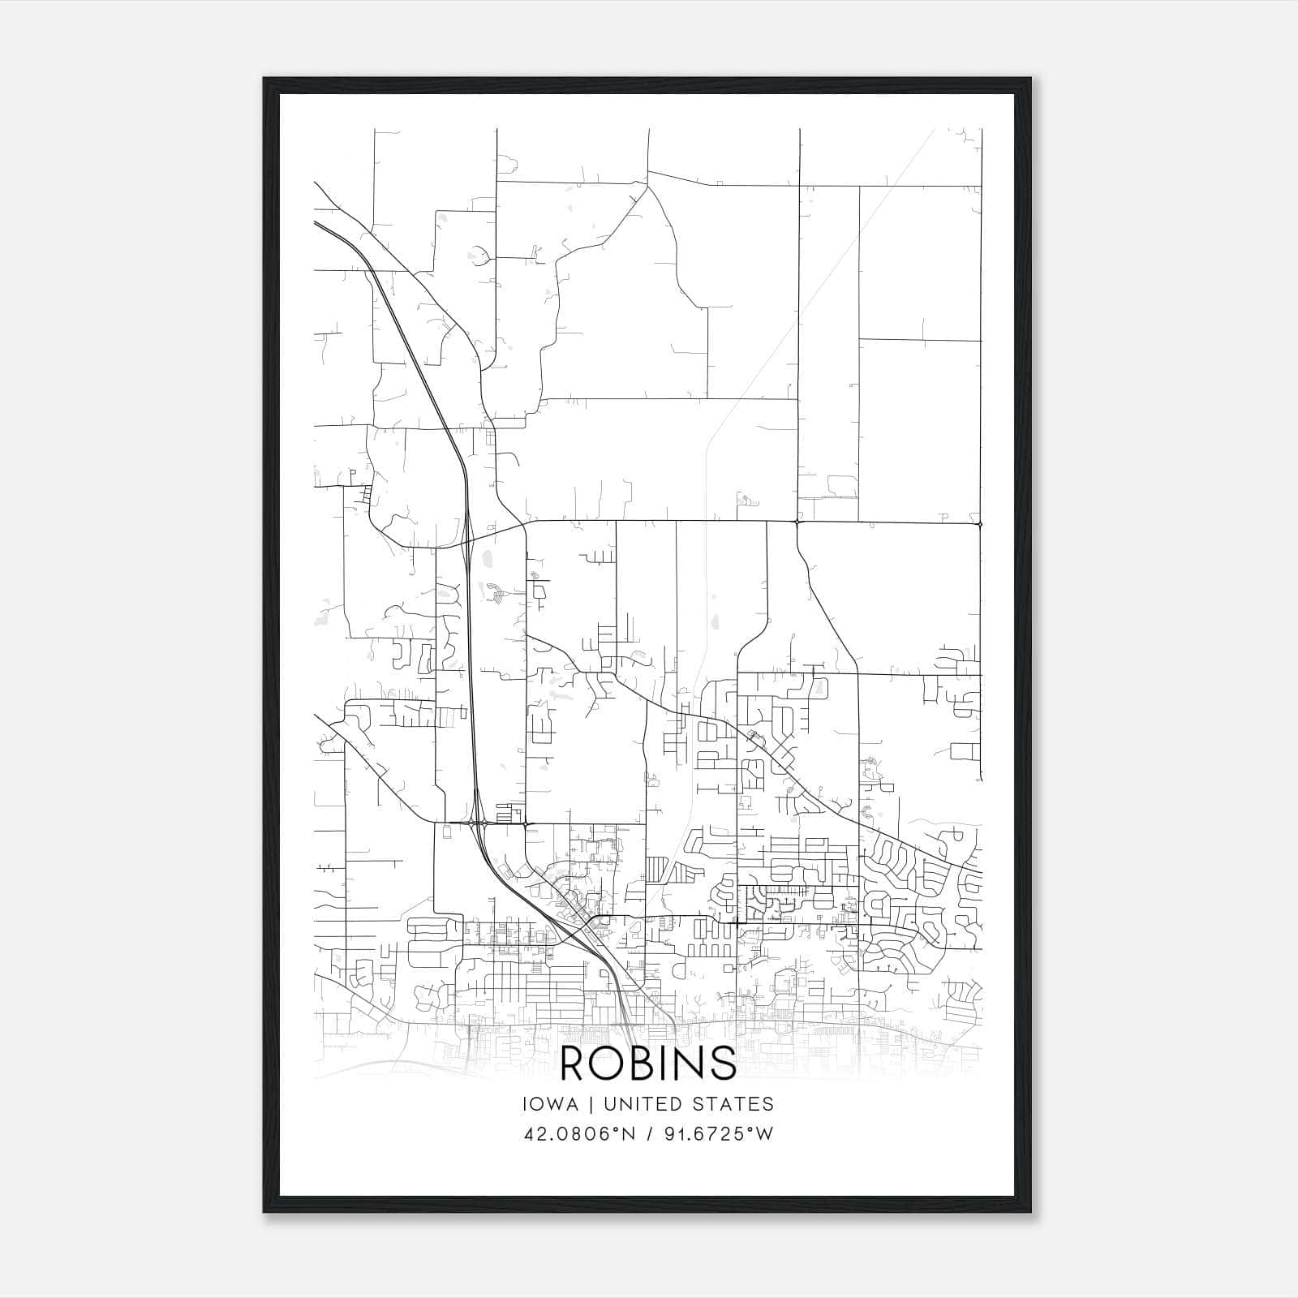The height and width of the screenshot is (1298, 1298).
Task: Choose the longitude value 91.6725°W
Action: coord(713,1134)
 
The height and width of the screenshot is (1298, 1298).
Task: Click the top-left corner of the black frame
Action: coord(264,79)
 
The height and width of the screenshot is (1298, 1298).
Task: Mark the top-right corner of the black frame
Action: coord(1030,79)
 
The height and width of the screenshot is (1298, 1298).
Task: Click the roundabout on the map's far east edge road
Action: coord(981,524)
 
